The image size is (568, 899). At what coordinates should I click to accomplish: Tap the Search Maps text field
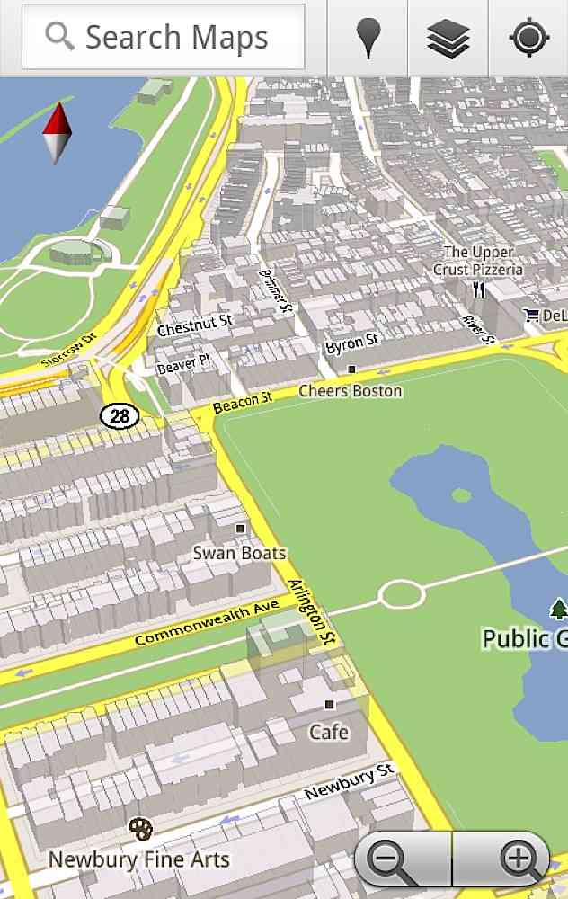[x=164, y=38]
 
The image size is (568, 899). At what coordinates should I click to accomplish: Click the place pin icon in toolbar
[x=368, y=38]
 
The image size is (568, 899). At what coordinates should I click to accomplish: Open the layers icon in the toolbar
[x=448, y=38]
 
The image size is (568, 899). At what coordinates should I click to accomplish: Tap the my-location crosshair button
[x=528, y=38]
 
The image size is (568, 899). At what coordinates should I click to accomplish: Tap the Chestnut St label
[x=194, y=325]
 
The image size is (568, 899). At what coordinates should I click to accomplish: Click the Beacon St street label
[x=242, y=403]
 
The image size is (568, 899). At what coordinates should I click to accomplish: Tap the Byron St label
[x=351, y=343]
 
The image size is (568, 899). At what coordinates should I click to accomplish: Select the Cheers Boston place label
[x=350, y=391]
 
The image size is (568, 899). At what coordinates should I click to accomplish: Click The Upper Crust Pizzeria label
[x=478, y=261]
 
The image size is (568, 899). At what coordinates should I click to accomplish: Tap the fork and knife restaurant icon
[x=479, y=290]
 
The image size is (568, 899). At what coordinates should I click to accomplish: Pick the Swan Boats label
[x=239, y=553]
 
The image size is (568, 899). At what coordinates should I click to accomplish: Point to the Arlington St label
[x=312, y=611]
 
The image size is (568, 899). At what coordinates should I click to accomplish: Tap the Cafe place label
[x=329, y=732]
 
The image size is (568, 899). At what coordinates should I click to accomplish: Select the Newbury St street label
[x=349, y=782]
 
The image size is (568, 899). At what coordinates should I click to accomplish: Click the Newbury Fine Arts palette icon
[x=140, y=828]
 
